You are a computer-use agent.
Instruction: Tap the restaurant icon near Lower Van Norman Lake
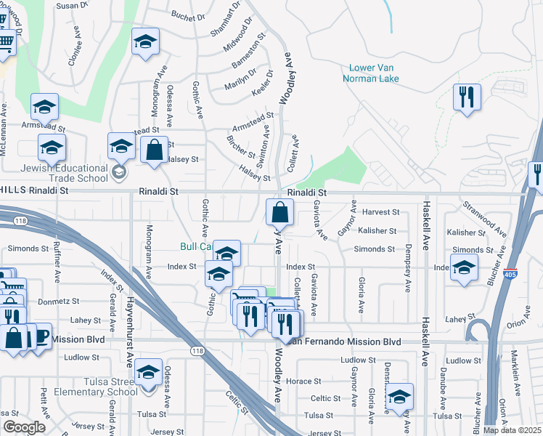point(467,97)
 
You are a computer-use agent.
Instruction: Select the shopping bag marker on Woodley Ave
point(279,214)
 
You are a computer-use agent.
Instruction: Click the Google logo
point(24,427)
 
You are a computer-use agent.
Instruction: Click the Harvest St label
point(381,212)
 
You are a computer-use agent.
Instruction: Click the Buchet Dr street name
point(189,15)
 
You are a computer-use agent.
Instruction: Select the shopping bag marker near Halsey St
point(154,150)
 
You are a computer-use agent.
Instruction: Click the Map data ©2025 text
point(513,430)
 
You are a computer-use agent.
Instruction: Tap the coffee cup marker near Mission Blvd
point(40,336)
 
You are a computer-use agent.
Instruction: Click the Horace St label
point(303,381)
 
